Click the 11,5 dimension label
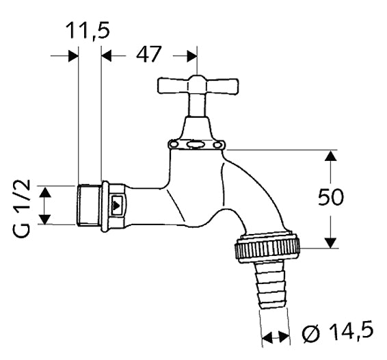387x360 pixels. tap(88, 31)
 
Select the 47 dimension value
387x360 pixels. tap(148, 54)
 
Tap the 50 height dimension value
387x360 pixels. tap(330, 196)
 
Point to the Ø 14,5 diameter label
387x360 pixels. tap(337, 333)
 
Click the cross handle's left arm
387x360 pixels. tap(174, 86)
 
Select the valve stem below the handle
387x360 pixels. tap(197, 105)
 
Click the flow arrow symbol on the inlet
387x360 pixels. tap(116, 205)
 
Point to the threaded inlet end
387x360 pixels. tap(88, 205)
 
